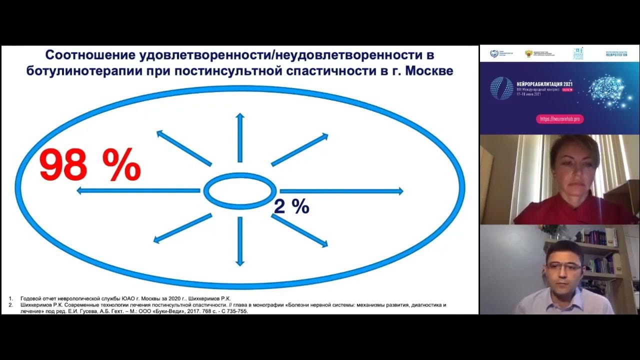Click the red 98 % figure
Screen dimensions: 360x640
(x=90, y=164)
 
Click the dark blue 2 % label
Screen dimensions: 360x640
(x=291, y=206)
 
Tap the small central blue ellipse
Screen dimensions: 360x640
(x=240, y=190)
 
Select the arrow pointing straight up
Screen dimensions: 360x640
(x=240, y=137)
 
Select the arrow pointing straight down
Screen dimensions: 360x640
(x=240, y=242)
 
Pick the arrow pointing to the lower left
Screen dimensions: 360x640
(x=182, y=228)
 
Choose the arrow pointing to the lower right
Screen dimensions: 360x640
(x=299, y=230)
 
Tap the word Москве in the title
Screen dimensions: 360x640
(x=428, y=70)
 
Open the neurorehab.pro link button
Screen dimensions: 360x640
(x=559, y=119)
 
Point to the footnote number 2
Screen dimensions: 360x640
(x=10, y=304)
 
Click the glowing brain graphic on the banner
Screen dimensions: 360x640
(x=606, y=91)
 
